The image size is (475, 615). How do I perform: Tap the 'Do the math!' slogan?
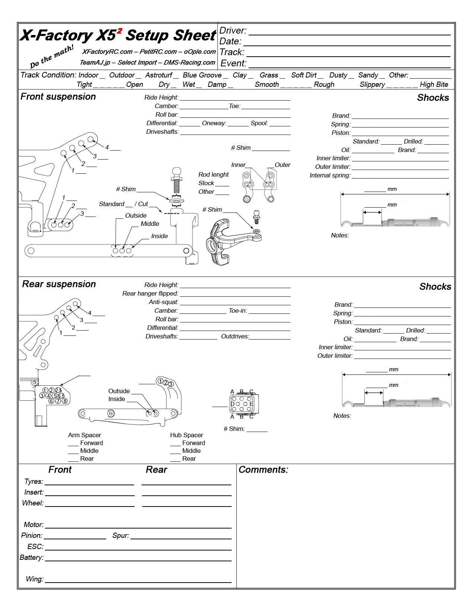(x=52, y=56)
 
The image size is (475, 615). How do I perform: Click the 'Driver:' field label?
(x=233, y=31)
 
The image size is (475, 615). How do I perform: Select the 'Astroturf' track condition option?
(x=159, y=75)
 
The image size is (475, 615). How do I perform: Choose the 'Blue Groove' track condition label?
(x=202, y=75)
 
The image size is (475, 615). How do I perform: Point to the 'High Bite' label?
(x=434, y=85)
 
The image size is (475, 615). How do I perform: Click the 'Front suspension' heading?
(x=58, y=97)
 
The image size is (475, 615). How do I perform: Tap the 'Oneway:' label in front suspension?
(x=214, y=123)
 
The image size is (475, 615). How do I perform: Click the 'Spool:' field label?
(x=259, y=123)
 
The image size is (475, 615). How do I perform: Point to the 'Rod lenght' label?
(x=213, y=175)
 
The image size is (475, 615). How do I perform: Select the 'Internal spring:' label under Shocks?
(x=330, y=176)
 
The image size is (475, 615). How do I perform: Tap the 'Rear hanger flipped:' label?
(x=150, y=294)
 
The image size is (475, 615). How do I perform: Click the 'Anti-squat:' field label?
(x=164, y=302)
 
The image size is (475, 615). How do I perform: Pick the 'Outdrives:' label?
(x=235, y=337)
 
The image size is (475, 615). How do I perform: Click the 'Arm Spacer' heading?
(x=85, y=435)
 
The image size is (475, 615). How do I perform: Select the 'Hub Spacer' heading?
(x=187, y=435)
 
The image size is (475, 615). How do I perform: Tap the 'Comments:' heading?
(x=263, y=470)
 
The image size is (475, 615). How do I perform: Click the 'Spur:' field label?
(x=121, y=536)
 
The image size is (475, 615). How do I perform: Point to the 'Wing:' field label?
(x=34, y=579)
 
